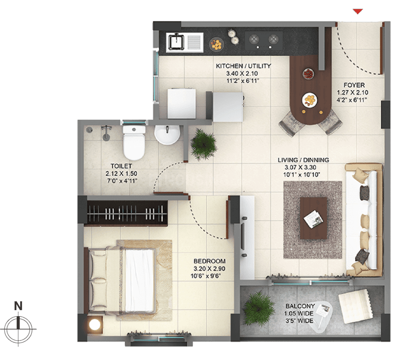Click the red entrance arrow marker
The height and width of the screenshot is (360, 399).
[x=358, y=12]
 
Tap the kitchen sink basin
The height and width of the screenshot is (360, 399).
[x=176, y=42]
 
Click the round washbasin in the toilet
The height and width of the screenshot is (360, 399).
[x=167, y=134]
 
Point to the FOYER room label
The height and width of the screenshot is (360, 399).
[x=354, y=85]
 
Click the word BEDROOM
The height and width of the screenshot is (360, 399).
[x=209, y=261]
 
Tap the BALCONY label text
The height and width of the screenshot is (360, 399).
[x=300, y=306]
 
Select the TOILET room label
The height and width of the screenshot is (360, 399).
[x=121, y=166]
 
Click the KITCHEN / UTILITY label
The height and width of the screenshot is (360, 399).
[x=243, y=66]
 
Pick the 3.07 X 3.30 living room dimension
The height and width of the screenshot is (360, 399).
[x=300, y=168]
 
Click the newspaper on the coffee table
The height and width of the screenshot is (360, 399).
[x=313, y=219]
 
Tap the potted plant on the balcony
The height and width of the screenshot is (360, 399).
[x=257, y=308]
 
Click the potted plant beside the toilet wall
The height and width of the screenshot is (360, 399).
[x=204, y=144]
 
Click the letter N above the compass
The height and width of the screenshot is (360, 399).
[x=18, y=305]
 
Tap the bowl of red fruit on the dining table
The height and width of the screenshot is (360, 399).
[x=308, y=74]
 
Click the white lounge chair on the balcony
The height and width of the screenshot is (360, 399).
[x=356, y=305]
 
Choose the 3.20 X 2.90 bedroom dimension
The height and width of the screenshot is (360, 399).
[x=209, y=269]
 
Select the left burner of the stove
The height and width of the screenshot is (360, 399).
[x=254, y=39]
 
